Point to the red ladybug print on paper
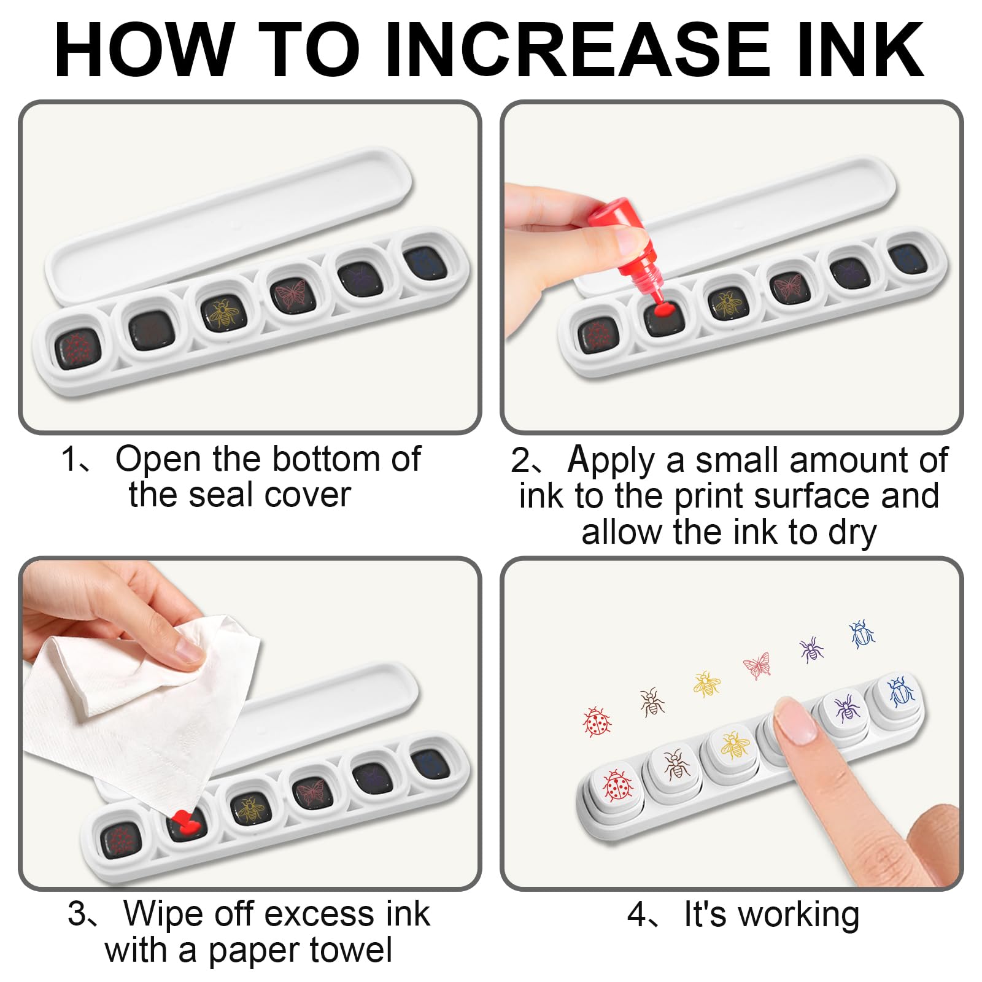pyautogui.click(x=597, y=722)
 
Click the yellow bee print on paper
pyautogui.click(x=706, y=684)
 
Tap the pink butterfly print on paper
pyautogui.click(x=757, y=665)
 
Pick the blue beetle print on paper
pyautogui.click(x=862, y=634)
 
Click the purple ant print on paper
pyautogui.click(x=811, y=649)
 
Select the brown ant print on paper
pyautogui.click(x=652, y=702)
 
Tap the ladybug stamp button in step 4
pyautogui.click(x=616, y=787)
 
